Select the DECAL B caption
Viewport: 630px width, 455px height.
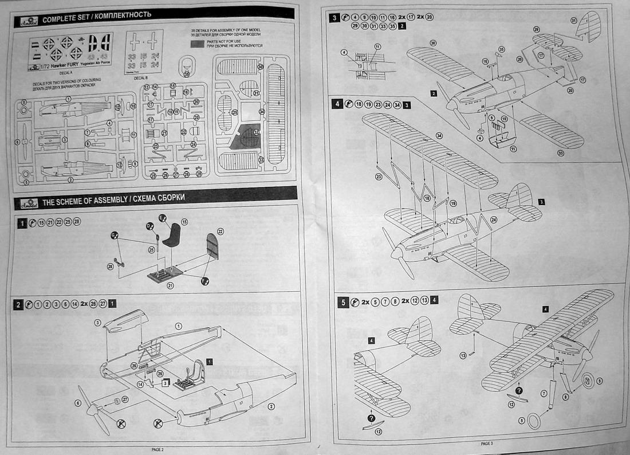(x=140, y=79)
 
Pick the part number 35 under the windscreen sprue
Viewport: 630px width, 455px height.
(x=186, y=73)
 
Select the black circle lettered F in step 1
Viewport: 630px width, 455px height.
(x=204, y=281)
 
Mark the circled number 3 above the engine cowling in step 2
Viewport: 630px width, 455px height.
(x=97, y=324)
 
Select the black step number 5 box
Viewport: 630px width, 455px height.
(x=342, y=302)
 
